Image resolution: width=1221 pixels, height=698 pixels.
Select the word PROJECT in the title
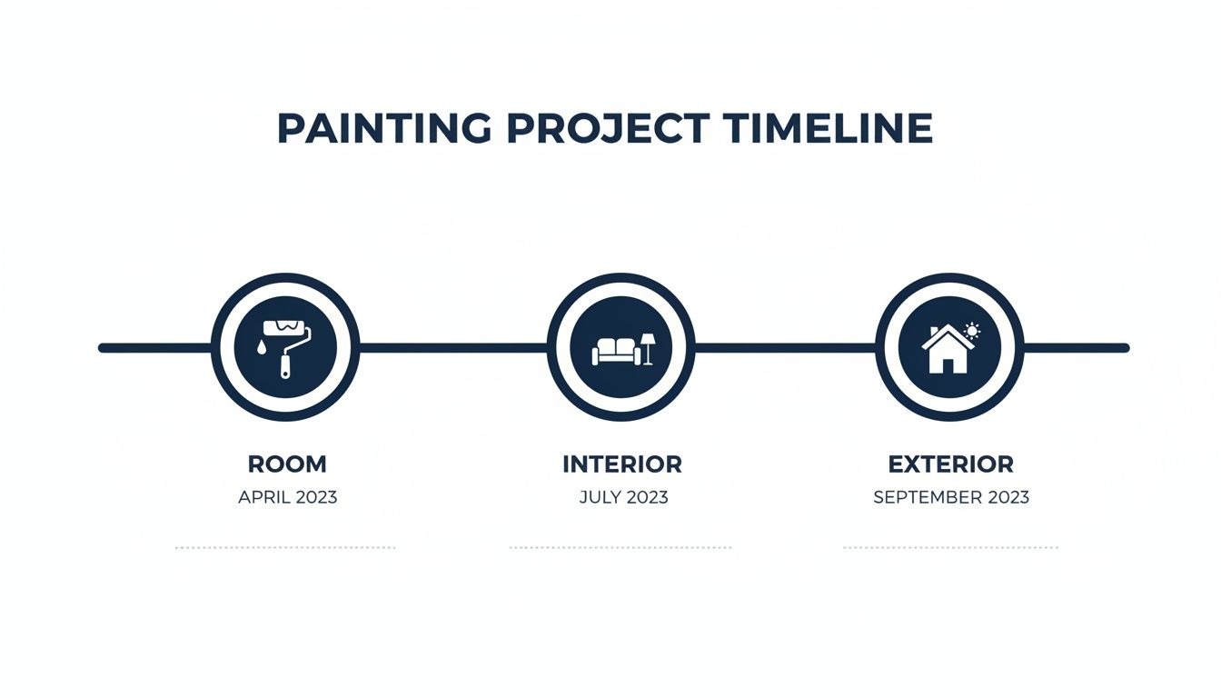coord(607,128)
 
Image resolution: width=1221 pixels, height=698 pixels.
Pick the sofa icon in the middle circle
coord(615,351)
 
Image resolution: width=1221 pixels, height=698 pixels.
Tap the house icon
coord(946,352)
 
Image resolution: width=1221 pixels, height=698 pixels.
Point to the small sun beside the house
coord(972,330)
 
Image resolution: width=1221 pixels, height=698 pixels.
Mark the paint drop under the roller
coord(262,348)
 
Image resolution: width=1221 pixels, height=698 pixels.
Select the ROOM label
coord(286,464)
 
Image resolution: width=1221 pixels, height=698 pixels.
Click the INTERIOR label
coord(622,464)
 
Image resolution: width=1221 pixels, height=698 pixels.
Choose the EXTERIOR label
coord(950,464)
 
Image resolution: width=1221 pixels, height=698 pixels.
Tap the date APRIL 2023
coord(287,498)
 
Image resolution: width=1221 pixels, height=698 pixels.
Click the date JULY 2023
coord(623,498)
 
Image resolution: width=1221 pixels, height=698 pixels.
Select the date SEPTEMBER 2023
coord(951,498)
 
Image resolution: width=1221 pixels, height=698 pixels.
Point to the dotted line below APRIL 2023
coord(285,548)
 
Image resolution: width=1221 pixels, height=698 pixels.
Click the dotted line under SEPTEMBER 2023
coord(951,548)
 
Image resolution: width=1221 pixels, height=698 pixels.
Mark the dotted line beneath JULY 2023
coord(620,548)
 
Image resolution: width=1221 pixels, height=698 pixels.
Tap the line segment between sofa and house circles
coord(786,347)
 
